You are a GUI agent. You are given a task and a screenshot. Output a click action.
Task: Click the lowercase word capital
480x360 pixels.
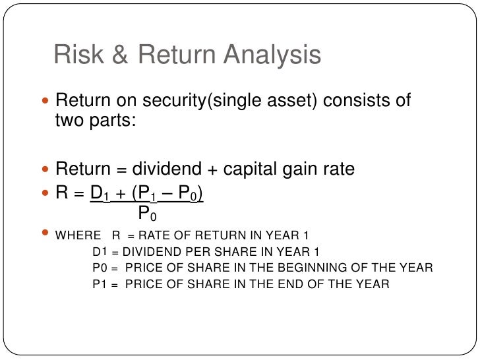pyautogui.click(x=253, y=169)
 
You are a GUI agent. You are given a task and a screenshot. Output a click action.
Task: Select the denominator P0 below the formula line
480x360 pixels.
pyautogui.click(x=148, y=213)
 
